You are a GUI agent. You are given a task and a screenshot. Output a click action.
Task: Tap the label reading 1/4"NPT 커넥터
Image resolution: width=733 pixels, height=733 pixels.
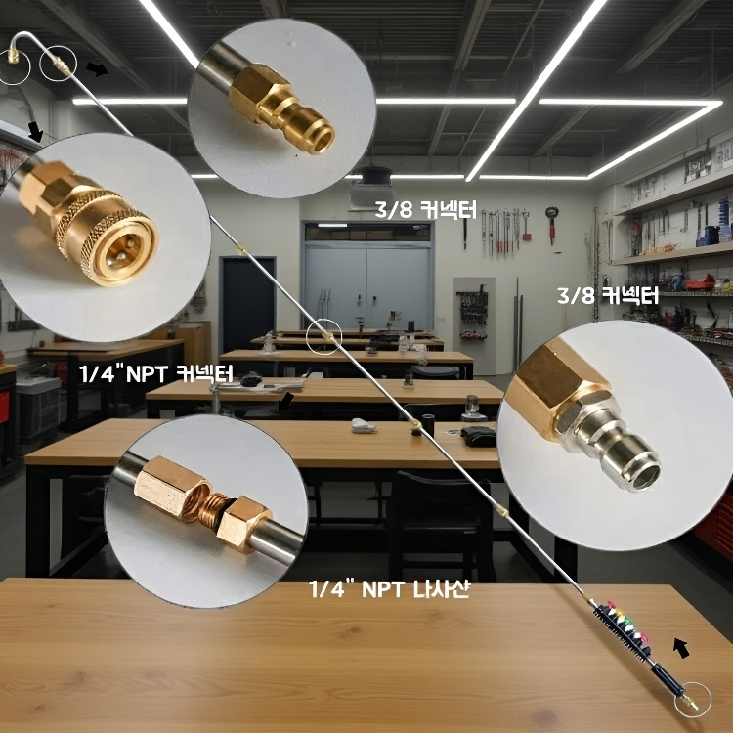click(x=155, y=374)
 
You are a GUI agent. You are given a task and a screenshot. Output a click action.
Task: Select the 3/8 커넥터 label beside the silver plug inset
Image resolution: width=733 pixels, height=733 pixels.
click(x=608, y=295)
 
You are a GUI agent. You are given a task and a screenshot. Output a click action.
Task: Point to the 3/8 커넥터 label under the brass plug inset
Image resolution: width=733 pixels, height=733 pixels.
click(x=425, y=209)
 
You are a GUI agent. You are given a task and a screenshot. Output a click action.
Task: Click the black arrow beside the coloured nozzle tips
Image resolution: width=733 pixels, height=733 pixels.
click(x=681, y=648)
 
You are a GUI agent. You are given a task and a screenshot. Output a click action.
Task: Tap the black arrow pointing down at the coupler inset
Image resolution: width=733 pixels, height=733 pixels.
click(x=35, y=132)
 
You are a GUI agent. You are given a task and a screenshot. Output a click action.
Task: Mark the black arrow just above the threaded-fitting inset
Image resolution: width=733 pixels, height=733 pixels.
click(x=287, y=401)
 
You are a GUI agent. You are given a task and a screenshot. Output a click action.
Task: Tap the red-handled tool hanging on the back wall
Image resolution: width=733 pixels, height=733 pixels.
click(x=552, y=225)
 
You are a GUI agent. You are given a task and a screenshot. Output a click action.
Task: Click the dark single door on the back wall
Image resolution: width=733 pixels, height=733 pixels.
click(x=247, y=304)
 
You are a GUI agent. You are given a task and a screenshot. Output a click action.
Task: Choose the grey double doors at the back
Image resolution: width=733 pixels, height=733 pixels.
click(x=367, y=286)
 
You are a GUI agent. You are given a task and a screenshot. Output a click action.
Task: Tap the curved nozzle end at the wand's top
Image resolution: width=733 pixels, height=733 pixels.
click(x=15, y=46)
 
